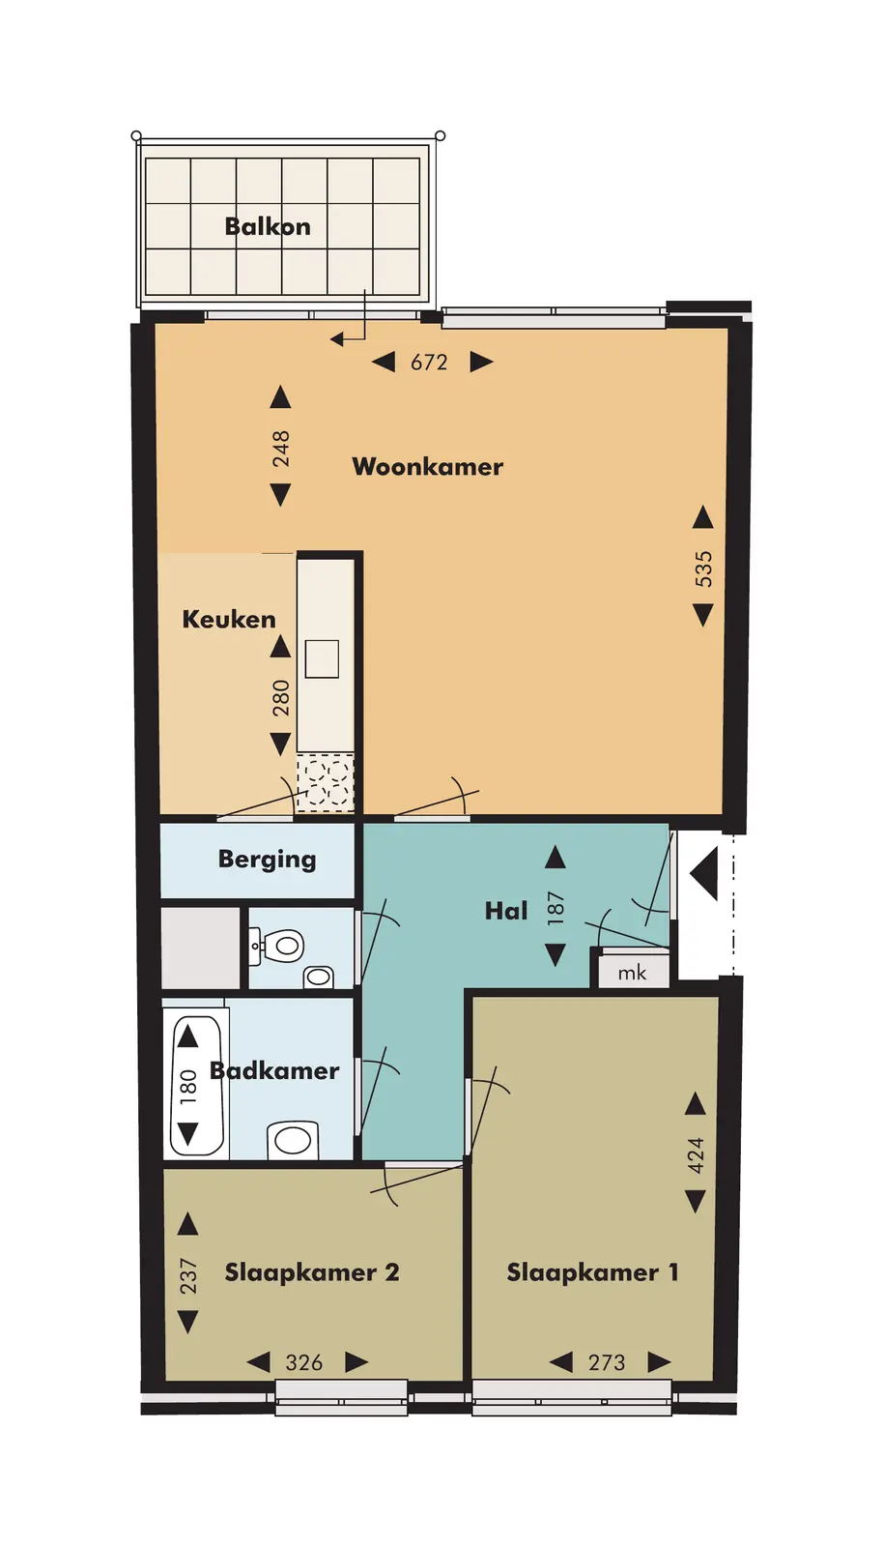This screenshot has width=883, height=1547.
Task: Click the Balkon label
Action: point(268,226)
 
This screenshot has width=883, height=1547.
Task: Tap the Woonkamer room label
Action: point(428,467)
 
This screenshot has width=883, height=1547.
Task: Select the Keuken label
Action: point(229,620)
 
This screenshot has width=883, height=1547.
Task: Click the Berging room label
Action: point(268,860)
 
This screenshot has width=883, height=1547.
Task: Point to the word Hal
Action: point(506,911)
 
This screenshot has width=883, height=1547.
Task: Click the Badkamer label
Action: point(274,1071)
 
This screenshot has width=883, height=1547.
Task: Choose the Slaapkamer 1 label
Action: point(592,1272)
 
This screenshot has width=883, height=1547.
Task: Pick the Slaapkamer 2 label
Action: point(312,1272)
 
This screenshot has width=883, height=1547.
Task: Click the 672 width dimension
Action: point(429,363)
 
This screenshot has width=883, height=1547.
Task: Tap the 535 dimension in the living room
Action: point(703,569)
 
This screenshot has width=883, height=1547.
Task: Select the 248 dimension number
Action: point(281,449)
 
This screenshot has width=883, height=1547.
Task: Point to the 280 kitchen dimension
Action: point(281,697)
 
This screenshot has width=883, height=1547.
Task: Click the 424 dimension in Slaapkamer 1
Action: point(696,1155)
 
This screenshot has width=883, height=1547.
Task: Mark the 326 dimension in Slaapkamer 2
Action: point(304,1362)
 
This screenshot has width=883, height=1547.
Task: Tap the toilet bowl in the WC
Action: point(283,945)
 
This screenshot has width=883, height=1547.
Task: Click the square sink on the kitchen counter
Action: point(322,658)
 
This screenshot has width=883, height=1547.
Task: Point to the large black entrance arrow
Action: point(704,874)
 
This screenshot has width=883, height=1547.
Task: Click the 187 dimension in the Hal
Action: point(556,908)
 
